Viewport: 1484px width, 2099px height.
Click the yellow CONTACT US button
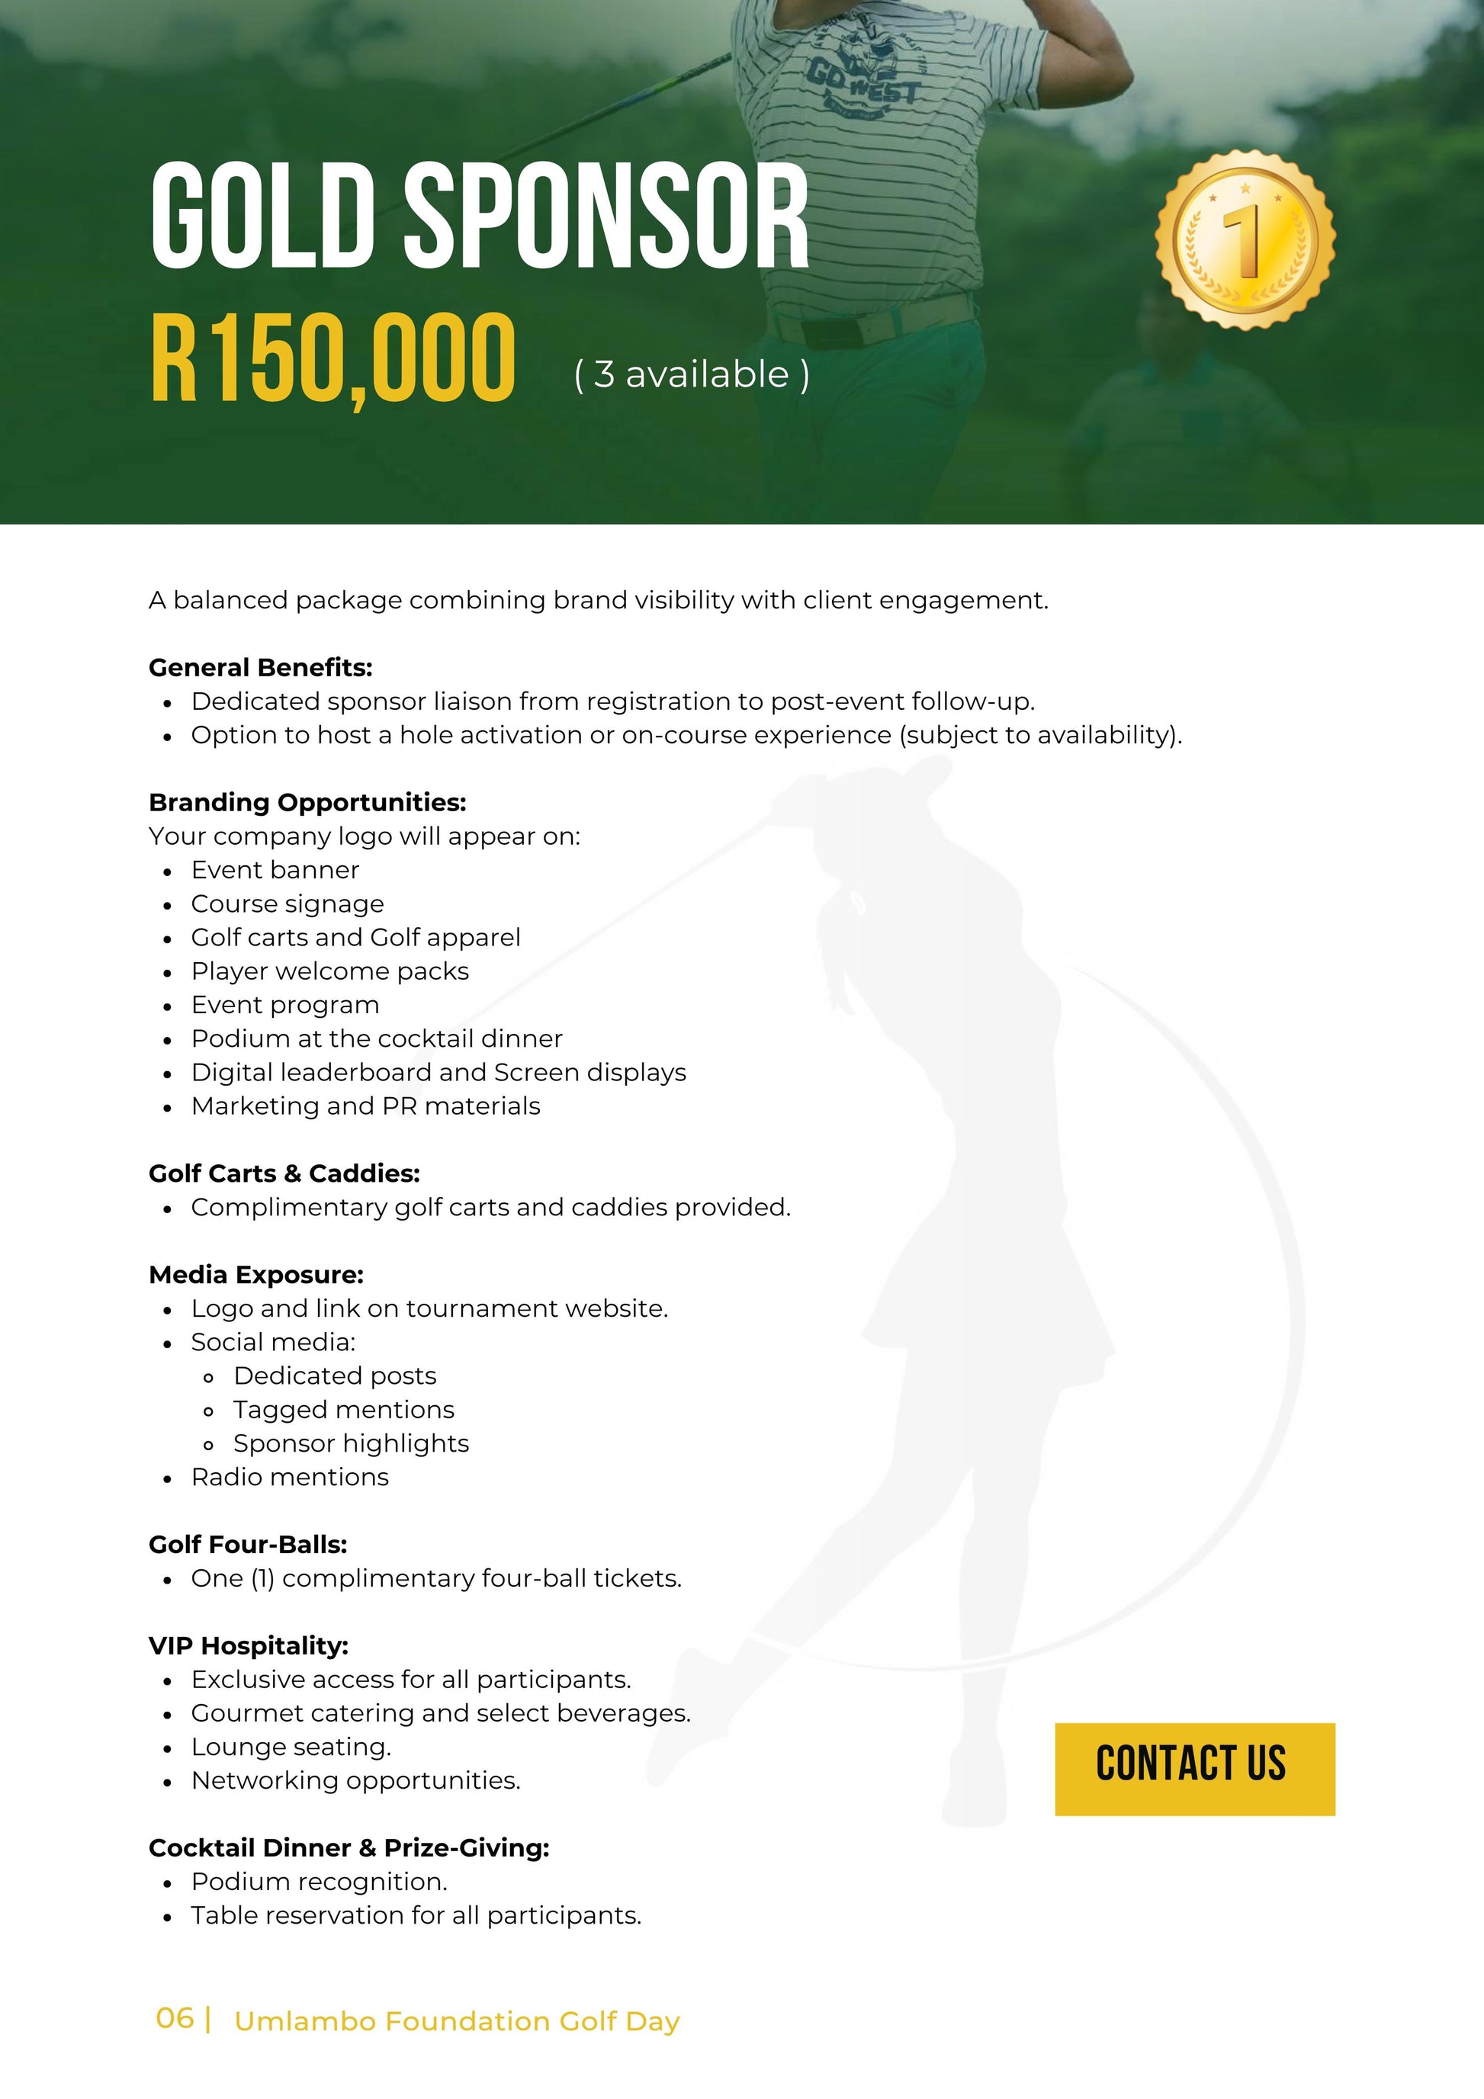point(1194,1768)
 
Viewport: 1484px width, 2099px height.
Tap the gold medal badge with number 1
point(1245,239)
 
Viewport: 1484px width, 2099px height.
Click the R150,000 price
point(332,358)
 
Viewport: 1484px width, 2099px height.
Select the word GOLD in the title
point(263,217)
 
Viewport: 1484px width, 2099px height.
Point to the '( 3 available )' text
point(691,374)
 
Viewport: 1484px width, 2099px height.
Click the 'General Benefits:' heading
point(261,667)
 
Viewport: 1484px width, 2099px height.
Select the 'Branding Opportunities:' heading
point(307,802)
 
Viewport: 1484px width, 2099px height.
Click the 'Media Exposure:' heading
point(256,1274)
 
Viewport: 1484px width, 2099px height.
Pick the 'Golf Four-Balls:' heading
point(248,1544)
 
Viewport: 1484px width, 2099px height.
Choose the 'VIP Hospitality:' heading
point(249,1645)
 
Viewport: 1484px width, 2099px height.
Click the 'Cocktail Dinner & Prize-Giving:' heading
point(349,1847)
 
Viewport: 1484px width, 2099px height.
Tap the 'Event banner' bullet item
point(275,869)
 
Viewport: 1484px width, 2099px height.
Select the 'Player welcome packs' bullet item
point(329,971)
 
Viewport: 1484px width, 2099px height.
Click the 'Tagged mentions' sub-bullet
point(343,1410)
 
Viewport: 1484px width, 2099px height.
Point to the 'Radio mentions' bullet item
point(290,1476)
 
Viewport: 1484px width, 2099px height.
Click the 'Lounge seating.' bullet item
point(291,1746)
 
